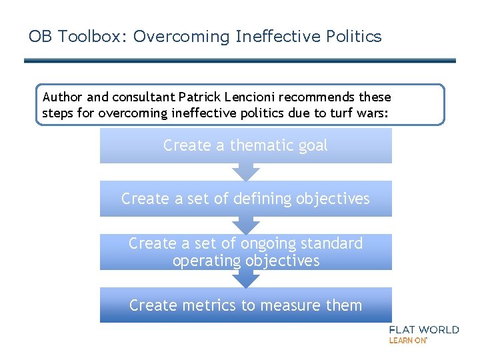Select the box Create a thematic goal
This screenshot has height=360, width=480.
click(245, 145)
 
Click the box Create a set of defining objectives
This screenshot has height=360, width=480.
click(245, 199)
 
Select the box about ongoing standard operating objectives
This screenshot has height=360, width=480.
click(245, 252)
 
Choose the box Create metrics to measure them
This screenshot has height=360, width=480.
click(245, 305)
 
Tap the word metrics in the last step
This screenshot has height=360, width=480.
click(201, 305)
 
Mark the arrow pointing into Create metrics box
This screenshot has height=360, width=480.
click(246, 279)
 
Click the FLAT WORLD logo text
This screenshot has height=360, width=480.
click(423, 329)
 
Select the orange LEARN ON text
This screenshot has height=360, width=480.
click(407, 340)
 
